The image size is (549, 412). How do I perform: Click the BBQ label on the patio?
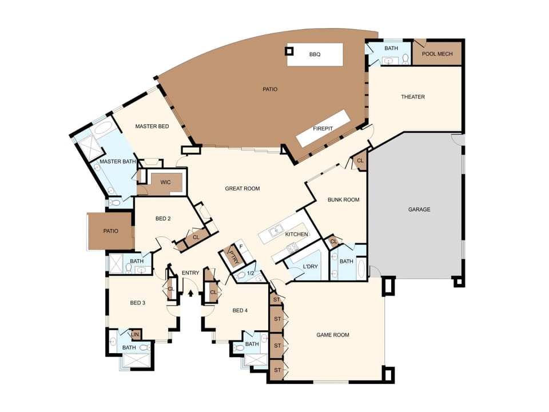pyautogui.click(x=315, y=54)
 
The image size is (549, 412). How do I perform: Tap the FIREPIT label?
pyautogui.click(x=323, y=129)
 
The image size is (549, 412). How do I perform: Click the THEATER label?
pyautogui.click(x=413, y=97)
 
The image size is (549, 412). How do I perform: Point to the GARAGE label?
pyautogui.click(x=419, y=209)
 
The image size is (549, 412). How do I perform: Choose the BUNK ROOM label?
pyautogui.click(x=344, y=200)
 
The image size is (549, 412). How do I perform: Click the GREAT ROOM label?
pyautogui.click(x=242, y=188)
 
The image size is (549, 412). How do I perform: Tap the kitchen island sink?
pyautogui.click(x=276, y=231)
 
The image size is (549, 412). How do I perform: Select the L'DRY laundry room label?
pyautogui.click(x=310, y=267)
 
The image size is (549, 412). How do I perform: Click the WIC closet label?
pyautogui.click(x=166, y=182)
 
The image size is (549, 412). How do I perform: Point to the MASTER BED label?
pyautogui.click(x=152, y=126)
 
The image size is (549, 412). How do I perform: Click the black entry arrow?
pyautogui.click(x=190, y=293)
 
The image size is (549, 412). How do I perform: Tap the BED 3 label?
pyautogui.click(x=138, y=303)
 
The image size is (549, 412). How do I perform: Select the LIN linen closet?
pyautogui.click(x=135, y=335)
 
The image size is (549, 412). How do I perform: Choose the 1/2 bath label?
pyautogui.click(x=250, y=274)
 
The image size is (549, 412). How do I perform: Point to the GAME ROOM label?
pyautogui.click(x=333, y=335)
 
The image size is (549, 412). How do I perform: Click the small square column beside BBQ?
pyautogui.click(x=289, y=51)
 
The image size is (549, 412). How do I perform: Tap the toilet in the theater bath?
pyautogui.click(x=405, y=59)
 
